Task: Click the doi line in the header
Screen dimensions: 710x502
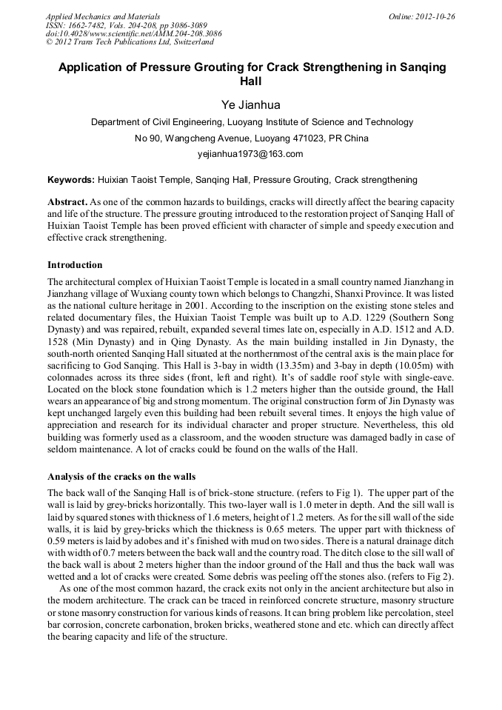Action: click(x=133, y=34)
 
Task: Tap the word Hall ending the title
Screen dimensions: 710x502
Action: click(x=252, y=81)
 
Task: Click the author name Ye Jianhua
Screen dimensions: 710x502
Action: click(x=251, y=105)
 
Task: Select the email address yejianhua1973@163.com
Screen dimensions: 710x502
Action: click(x=251, y=154)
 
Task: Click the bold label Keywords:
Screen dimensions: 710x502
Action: click(x=71, y=180)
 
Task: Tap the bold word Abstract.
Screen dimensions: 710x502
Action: click(x=67, y=202)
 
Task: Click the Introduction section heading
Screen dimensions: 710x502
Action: click(x=75, y=265)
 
